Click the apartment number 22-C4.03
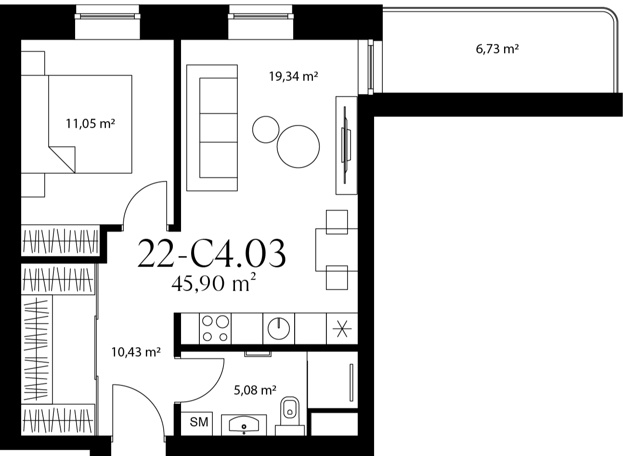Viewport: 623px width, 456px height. (x=212, y=254)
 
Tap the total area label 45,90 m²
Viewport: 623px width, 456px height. (x=213, y=283)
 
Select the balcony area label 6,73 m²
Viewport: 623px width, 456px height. (x=497, y=49)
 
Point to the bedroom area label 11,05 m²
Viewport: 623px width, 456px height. (x=91, y=123)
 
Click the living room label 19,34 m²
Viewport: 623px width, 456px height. (x=293, y=76)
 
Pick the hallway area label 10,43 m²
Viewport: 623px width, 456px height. (x=136, y=352)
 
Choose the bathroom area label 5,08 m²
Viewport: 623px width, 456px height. (x=255, y=390)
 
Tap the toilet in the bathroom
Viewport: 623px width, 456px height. (x=289, y=416)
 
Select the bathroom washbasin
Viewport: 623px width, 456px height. (x=244, y=425)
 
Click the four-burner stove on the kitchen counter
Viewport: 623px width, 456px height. (x=215, y=329)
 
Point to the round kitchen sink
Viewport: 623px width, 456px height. (x=279, y=328)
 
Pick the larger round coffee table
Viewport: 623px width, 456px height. (x=298, y=147)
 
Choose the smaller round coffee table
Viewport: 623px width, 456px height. (x=266, y=130)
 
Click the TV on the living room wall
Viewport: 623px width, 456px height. (x=345, y=145)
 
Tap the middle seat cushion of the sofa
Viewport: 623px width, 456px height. (x=218, y=128)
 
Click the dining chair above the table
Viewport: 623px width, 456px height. (x=337, y=222)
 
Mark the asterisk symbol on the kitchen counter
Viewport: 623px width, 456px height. (x=342, y=329)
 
